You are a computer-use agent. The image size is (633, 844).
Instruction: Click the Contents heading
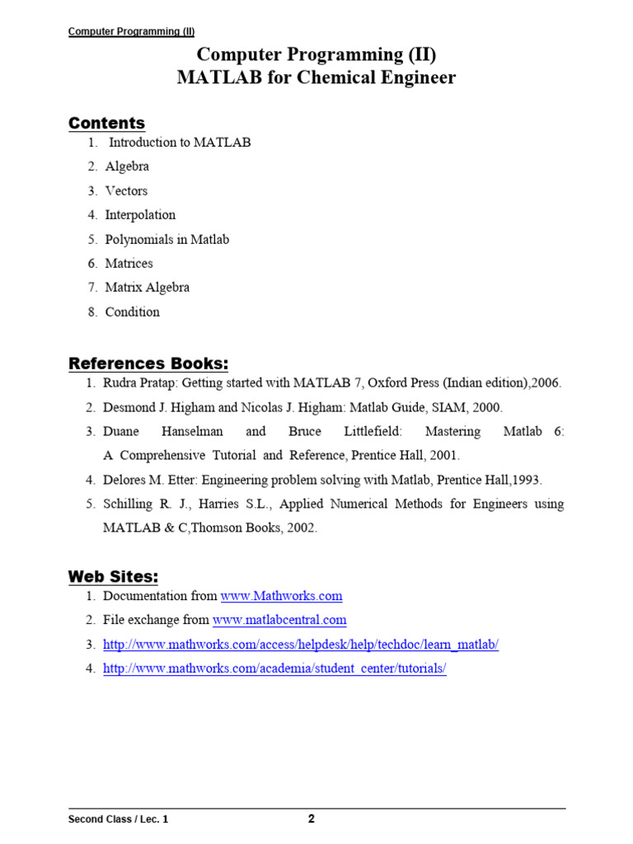(106, 123)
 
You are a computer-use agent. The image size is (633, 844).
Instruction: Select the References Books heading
(148, 363)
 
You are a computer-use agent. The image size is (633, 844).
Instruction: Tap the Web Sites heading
(113, 574)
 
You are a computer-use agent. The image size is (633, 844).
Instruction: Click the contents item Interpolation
(140, 215)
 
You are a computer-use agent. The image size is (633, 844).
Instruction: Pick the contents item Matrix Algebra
(147, 288)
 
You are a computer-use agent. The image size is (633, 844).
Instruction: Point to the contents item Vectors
(126, 190)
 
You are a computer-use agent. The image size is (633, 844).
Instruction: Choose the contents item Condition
(132, 312)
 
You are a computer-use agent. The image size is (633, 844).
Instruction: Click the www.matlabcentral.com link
(279, 620)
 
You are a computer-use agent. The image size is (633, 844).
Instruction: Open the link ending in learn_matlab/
(301, 645)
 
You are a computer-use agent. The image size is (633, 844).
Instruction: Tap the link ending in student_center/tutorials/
(274, 668)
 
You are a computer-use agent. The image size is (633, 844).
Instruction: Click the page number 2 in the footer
(311, 819)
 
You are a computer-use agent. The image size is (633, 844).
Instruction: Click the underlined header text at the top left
(125, 32)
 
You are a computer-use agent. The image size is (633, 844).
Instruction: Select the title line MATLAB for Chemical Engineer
(316, 78)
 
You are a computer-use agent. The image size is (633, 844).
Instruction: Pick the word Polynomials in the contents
(138, 239)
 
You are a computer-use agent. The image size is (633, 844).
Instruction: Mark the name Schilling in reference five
(129, 504)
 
